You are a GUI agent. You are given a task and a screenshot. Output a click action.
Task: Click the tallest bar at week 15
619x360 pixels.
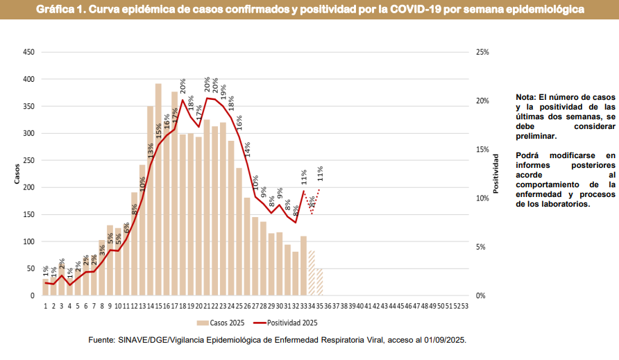tap(158, 190)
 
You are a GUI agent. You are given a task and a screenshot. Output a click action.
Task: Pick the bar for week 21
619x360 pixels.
tap(207, 208)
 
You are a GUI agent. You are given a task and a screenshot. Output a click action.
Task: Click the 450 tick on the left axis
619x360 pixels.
tap(29, 52)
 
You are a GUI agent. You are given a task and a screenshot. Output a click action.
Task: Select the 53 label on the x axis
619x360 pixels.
tap(465, 305)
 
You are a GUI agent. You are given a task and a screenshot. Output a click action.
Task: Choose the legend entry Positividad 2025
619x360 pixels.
tap(292, 323)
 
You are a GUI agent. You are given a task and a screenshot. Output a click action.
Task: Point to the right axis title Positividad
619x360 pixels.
tap(495, 173)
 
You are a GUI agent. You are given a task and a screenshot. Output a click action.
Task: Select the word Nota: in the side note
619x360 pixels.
tap(527, 97)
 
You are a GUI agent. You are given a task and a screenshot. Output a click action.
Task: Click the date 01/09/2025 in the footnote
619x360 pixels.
tap(441, 341)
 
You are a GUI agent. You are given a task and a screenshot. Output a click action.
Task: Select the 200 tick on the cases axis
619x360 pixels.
tap(29, 187)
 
